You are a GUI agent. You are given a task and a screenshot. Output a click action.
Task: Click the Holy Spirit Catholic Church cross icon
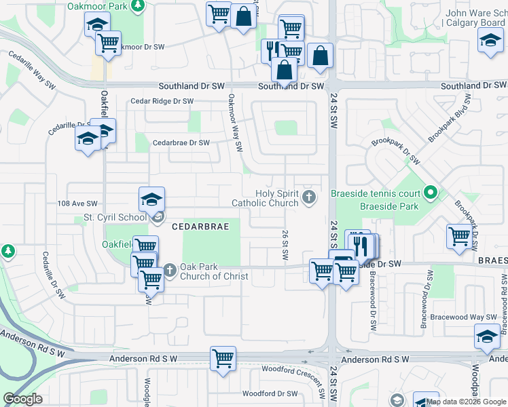309,197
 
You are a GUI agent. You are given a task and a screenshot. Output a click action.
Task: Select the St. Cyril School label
114,217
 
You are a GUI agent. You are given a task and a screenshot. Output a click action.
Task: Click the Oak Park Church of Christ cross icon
169,270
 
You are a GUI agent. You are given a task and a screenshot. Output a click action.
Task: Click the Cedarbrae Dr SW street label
181,143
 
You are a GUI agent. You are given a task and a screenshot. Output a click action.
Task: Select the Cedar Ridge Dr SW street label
162,101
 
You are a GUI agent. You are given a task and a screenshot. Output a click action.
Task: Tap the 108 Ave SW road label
77,203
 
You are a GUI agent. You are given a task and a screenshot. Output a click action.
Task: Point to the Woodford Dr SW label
270,393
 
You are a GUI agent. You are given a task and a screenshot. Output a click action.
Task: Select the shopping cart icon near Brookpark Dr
460,235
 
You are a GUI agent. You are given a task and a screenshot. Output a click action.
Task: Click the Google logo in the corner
22,399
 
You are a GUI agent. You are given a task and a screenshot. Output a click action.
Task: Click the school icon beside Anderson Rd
487,336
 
